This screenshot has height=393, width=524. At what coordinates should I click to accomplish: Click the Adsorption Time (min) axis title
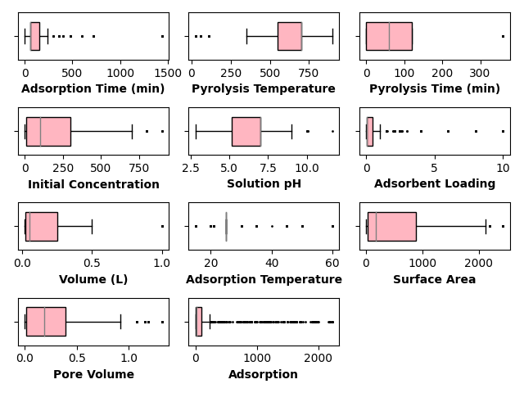click(x=93, y=88)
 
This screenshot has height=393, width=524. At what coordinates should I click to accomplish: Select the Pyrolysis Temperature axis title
click(x=264, y=88)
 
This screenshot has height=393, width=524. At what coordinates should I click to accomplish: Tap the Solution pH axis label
click(x=264, y=183)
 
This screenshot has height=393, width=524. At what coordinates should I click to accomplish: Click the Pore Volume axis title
click(x=93, y=374)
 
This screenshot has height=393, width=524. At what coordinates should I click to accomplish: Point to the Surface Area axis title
click(x=434, y=279)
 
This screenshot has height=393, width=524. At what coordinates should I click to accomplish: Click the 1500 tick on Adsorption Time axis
click(x=168, y=73)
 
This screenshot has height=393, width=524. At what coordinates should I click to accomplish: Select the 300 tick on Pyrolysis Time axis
click(x=480, y=73)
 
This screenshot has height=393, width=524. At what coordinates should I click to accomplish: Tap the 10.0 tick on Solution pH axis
click(x=307, y=168)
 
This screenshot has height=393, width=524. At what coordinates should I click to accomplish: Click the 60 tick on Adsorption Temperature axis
click(x=332, y=263)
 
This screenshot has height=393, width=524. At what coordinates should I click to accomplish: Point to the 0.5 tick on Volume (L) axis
click(x=92, y=263)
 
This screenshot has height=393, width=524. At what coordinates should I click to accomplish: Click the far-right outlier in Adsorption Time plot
click(x=162, y=36)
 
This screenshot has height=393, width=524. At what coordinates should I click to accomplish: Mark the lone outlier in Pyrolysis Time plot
click(x=503, y=36)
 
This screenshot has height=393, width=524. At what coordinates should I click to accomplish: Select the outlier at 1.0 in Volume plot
click(x=162, y=227)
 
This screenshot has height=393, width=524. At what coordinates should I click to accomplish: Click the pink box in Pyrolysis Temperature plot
click(x=290, y=36)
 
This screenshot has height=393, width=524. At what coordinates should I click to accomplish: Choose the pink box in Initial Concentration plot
click(x=48, y=132)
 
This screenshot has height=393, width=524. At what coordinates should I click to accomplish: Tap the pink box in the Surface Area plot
click(x=392, y=227)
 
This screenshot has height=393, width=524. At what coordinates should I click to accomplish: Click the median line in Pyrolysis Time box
click(x=390, y=36)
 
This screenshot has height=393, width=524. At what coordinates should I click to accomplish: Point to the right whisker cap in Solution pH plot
click(x=291, y=132)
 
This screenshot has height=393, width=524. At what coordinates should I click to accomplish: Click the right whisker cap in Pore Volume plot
click(x=120, y=322)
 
